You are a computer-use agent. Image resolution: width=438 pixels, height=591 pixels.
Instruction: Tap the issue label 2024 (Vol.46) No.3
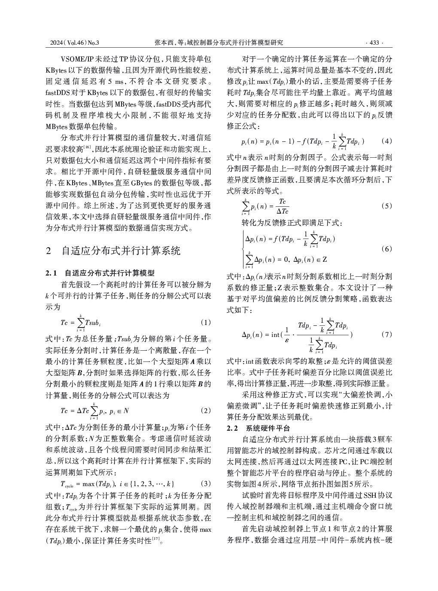[75, 43]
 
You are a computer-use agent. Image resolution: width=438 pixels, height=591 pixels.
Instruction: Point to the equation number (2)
[206, 410]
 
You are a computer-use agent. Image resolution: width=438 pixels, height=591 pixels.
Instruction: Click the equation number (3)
[206, 483]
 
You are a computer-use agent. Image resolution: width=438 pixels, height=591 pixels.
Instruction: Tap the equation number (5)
[386, 206]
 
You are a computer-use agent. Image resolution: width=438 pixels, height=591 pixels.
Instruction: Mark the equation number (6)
[386, 249]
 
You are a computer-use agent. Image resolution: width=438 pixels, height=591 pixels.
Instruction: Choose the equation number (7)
[386, 334]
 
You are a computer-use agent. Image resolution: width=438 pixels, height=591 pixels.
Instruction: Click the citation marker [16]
[87, 147]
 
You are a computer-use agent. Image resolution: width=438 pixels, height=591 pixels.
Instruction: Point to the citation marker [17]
[156, 538]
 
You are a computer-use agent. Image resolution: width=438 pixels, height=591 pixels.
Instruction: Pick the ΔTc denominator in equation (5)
[282, 211]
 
